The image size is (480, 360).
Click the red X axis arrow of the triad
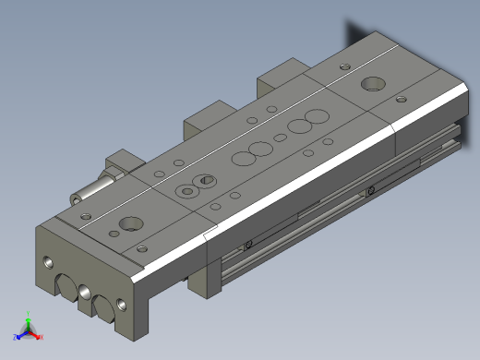38,337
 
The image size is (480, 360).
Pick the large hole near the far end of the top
373,84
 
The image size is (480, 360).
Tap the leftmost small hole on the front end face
48,263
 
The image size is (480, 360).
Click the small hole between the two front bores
85,292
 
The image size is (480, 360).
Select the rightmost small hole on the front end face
121,304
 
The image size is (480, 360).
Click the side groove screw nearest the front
248,244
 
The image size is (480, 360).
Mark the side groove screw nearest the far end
370,191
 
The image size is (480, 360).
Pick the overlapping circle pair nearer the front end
250,153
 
